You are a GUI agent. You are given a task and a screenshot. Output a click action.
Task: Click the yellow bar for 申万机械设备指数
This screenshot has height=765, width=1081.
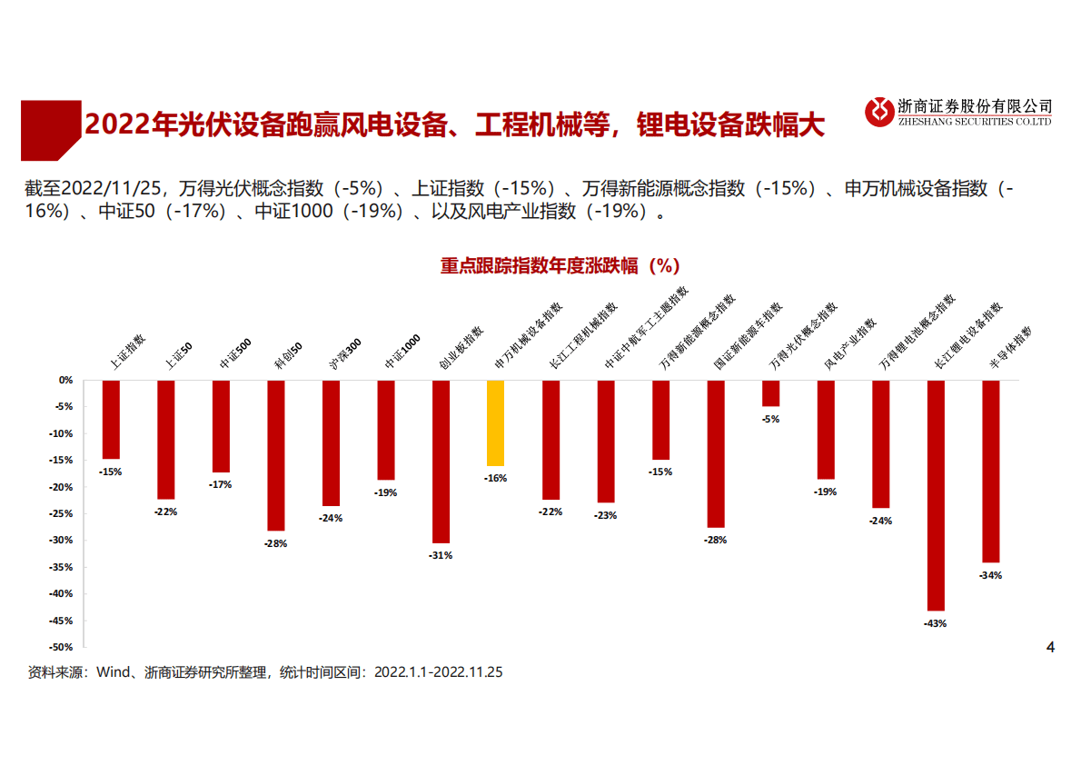[x=495, y=422]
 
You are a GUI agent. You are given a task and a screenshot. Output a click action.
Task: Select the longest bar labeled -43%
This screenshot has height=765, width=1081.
[x=936, y=495]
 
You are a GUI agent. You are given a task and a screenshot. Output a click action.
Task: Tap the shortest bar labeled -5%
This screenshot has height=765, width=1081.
[x=770, y=393]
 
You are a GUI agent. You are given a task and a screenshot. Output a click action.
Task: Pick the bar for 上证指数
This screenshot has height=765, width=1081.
[x=111, y=419]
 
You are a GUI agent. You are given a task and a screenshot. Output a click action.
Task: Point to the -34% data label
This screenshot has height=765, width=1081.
[x=990, y=575]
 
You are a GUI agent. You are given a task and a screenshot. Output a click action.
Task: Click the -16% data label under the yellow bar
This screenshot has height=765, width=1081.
[x=495, y=478]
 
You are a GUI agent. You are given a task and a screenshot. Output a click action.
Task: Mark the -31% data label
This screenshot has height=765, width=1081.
[x=441, y=555]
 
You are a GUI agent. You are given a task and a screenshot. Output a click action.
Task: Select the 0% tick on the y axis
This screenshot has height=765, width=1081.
[x=65, y=380]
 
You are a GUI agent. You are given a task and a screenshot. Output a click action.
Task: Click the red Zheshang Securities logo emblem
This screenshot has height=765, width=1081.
[x=879, y=112]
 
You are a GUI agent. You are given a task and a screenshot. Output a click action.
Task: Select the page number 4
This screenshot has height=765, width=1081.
[x=1050, y=648]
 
